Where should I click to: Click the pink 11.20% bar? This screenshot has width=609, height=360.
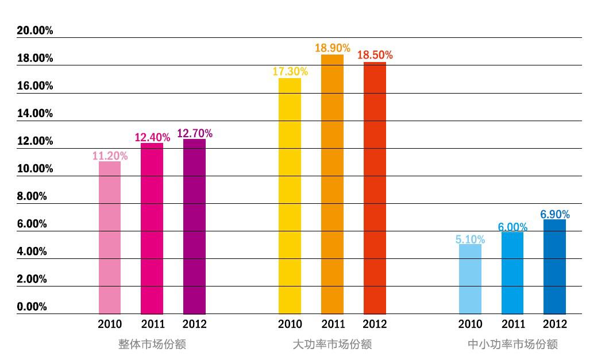click(110, 237)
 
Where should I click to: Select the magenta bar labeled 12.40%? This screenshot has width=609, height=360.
click(152, 228)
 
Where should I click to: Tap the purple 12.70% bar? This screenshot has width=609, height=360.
click(194, 226)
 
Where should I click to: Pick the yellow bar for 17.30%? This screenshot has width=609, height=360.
click(290, 195)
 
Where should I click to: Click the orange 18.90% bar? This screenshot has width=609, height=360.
click(332, 184)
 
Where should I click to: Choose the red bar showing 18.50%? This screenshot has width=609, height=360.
click(375, 187)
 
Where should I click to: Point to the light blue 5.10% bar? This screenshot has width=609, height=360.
click(470, 279)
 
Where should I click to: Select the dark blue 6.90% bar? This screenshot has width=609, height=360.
click(554, 266)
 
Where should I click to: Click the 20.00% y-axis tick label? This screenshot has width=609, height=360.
click(35, 31)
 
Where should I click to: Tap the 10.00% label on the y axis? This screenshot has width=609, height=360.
click(35, 169)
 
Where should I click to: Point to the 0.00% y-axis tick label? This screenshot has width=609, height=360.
click(32, 307)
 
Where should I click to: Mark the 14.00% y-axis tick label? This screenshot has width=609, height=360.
click(35, 114)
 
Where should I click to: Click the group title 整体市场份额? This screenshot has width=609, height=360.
click(152, 344)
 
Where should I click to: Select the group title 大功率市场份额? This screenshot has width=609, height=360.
click(332, 344)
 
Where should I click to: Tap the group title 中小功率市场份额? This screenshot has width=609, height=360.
click(512, 344)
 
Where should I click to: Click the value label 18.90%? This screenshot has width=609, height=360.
click(332, 48)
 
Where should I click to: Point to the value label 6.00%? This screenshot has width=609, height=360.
click(512, 227)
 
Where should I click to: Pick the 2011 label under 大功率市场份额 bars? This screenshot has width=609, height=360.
click(332, 324)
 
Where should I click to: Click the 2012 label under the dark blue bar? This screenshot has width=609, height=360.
click(554, 324)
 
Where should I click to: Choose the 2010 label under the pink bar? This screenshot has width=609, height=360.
click(110, 324)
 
